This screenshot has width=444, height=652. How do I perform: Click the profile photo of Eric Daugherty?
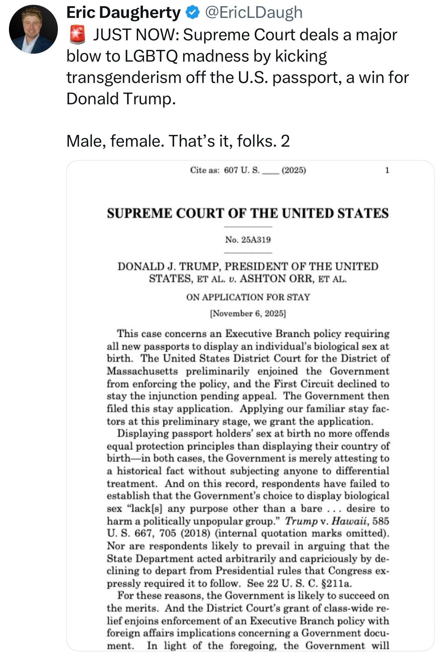(x=33, y=29)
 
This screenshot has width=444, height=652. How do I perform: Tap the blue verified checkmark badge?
(x=193, y=13)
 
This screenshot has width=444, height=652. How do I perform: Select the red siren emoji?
(x=77, y=35)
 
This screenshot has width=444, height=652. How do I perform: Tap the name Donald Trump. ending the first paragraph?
(x=121, y=98)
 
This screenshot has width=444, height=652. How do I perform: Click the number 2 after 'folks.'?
(x=285, y=141)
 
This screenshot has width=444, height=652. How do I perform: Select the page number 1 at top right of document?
(x=387, y=170)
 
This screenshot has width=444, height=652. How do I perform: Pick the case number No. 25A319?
(x=248, y=240)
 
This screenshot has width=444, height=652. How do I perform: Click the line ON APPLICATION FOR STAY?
(x=248, y=297)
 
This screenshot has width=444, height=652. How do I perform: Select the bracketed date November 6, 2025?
(x=248, y=314)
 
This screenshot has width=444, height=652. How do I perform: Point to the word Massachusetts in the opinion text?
(x=142, y=371)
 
